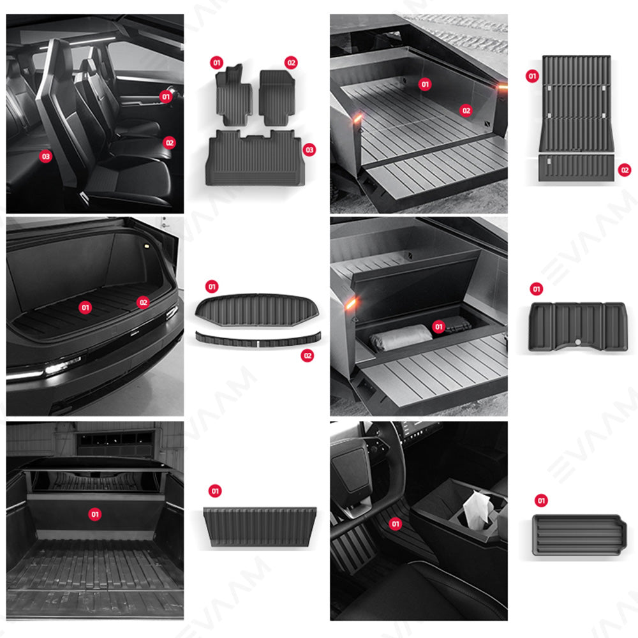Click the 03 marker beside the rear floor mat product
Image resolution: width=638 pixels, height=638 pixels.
coord(309,149)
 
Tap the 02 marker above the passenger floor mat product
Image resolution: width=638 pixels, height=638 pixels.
coord(291,63)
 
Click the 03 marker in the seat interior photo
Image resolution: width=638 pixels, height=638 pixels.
coord(45,156)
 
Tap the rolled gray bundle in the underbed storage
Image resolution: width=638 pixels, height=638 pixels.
coord(401,337)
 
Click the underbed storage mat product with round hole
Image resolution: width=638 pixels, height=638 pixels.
coord(578,325)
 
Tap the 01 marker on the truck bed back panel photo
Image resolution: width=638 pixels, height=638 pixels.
coord(95,514)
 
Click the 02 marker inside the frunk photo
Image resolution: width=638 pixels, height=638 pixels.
coord(143,302)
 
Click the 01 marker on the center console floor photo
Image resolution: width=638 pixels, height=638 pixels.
coord(396,524)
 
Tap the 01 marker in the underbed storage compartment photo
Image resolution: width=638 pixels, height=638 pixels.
coord(438,327)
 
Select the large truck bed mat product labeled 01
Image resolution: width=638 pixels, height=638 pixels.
coord(576,102)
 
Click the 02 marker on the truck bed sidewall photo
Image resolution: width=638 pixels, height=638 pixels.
coord(466,110)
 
